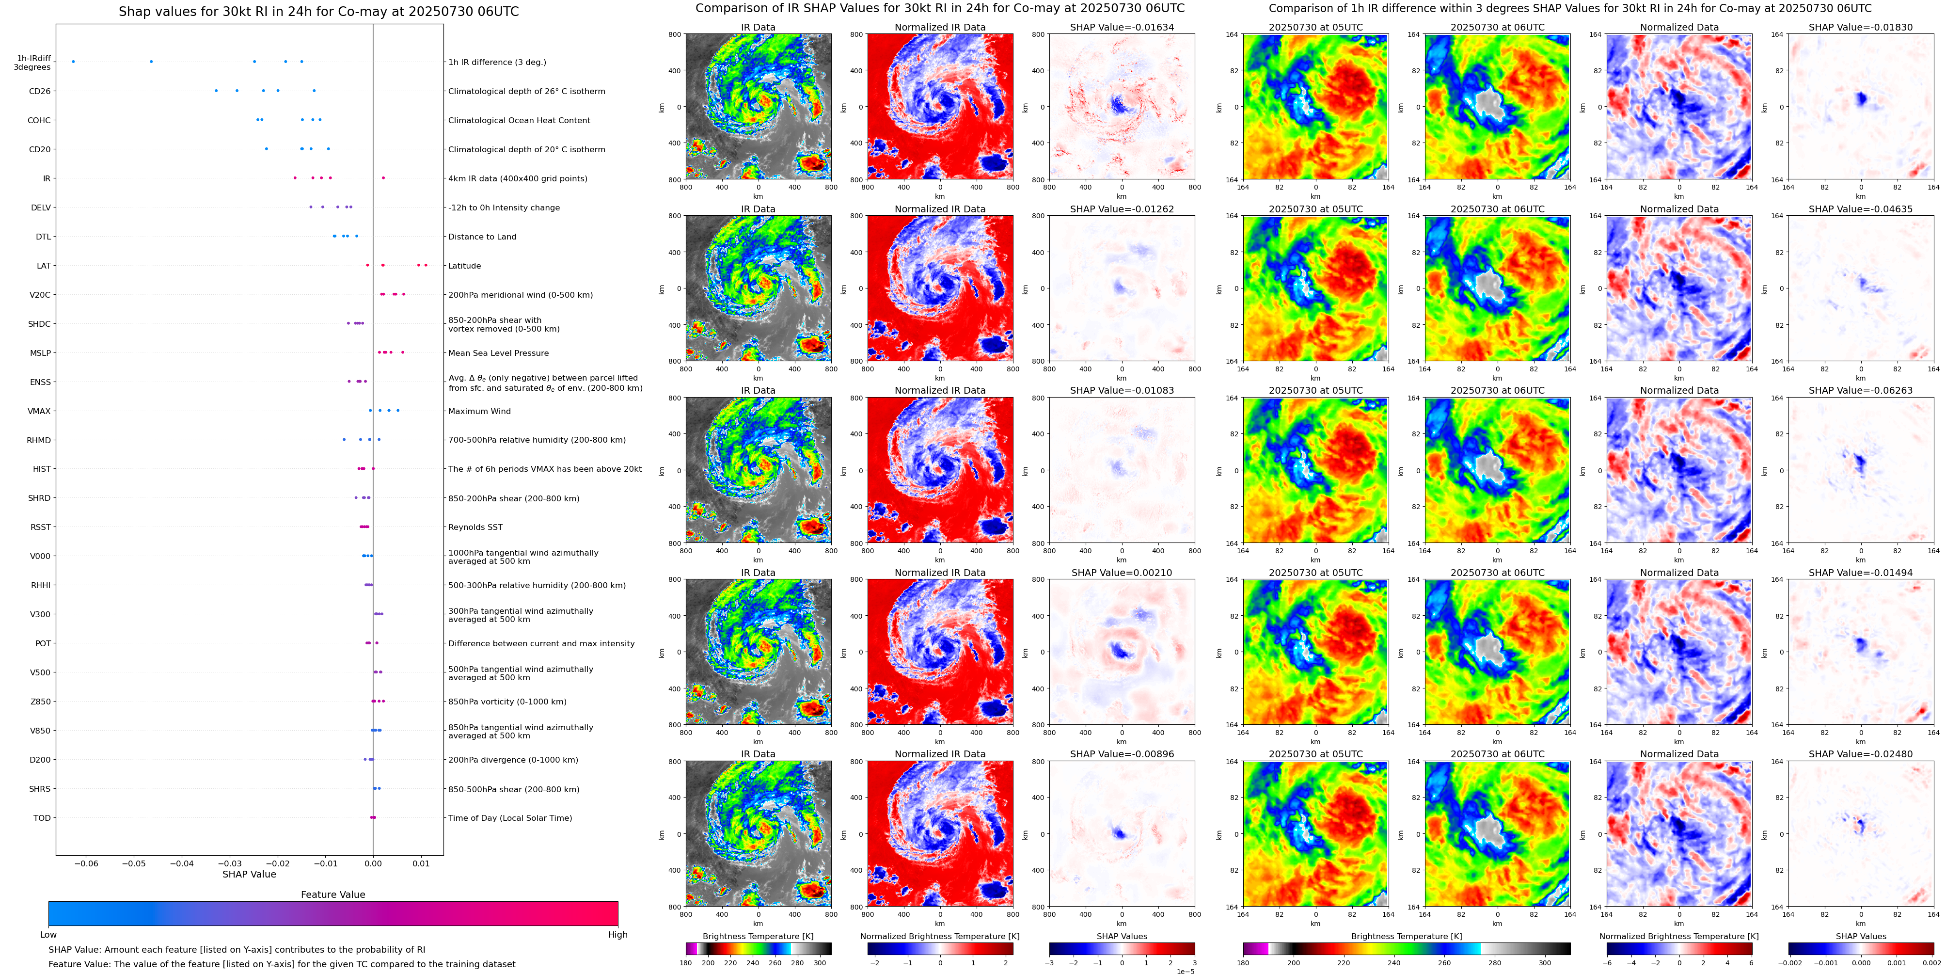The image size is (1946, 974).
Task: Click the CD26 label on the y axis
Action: coord(39,92)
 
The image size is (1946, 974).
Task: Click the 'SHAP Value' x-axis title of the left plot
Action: coord(249,874)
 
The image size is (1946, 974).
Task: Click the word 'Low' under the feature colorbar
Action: coord(48,935)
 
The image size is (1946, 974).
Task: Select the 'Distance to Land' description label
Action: coord(482,237)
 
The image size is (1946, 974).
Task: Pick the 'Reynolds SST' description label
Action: coord(475,527)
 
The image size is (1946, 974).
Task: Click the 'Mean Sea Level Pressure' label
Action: coord(498,353)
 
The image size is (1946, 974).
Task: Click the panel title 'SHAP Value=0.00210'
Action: coord(1121,573)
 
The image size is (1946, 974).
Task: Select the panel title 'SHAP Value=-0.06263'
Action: coord(1860,391)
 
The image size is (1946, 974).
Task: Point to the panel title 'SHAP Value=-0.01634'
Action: coord(1121,27)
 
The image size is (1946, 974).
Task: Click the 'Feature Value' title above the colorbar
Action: coord(332,894)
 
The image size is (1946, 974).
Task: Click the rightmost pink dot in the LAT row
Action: coord(426,265)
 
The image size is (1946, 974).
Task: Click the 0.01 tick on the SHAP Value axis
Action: coord(421,863)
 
